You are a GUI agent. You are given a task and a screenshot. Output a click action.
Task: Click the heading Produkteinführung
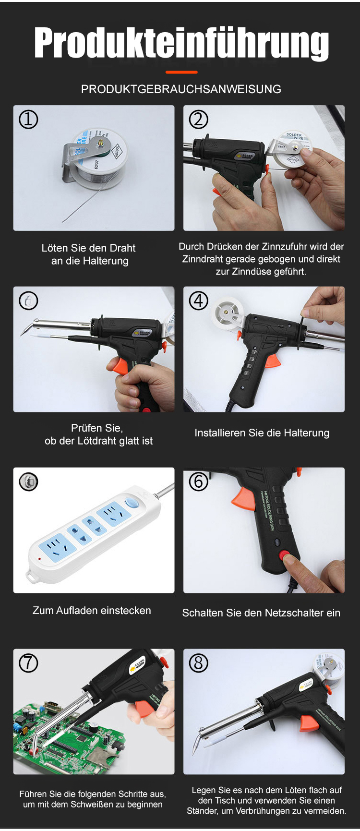coord(181,44)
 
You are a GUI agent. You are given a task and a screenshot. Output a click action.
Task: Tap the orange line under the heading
coord(181,72)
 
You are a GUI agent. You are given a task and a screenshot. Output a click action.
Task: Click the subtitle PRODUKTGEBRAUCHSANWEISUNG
coord(181,89)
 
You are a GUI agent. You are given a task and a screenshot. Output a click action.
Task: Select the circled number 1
coord(28,119)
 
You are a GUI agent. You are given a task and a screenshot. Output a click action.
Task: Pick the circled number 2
coord(198,119)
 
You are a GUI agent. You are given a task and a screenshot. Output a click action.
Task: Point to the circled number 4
coord(198,301)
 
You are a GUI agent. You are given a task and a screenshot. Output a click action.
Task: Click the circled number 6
coord(198,481)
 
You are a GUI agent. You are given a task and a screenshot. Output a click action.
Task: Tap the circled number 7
coord(28,663)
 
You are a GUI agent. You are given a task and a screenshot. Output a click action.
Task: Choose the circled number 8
coord(198,663)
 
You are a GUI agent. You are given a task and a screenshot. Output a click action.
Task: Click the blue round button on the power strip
coord(132,503)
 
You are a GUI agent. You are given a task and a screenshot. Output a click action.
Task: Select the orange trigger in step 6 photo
coord(244,499)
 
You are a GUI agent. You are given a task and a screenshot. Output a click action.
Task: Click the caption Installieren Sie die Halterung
coord(262,433)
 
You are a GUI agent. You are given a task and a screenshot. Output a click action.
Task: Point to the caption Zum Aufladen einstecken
coord(92,611)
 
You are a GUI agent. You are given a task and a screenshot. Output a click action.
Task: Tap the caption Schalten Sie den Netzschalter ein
coord(261,613)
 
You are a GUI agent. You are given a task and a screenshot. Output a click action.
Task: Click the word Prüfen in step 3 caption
coord(85,428)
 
